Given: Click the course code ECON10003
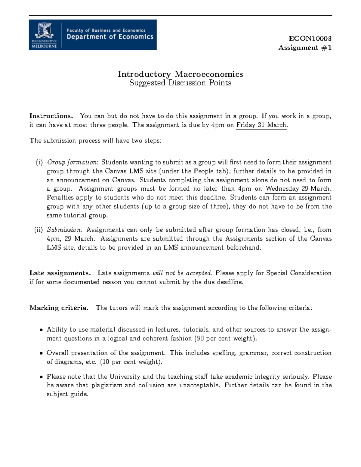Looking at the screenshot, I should (x=310, y=38).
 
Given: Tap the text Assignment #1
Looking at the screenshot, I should (x=305, y=48).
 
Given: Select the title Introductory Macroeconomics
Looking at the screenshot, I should (x=180, y=74).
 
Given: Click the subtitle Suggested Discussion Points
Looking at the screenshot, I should (x=180, y=83).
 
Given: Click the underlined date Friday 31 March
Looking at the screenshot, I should (x=261, y=125).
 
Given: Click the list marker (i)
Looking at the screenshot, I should (x=39, y=162).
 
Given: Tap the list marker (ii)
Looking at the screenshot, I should (x=39, y=230).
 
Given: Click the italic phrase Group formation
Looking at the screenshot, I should (x=72, y=162).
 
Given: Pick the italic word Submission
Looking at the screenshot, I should (x=64, y=230).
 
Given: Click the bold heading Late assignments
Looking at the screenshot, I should (x=60, y=273).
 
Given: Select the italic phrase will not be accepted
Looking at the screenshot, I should (x=182, y=273).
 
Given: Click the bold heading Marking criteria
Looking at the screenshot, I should (x=59, y=308).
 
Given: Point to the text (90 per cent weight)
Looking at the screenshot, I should (x=226, y=339).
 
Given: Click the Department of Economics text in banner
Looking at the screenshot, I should (x=110, y=37).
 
